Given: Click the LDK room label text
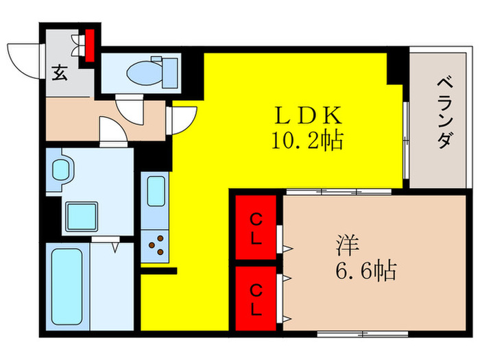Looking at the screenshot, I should tap(306, 114).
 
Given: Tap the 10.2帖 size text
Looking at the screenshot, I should tap(305, 141).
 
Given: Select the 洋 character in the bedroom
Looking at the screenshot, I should tap(345, 243).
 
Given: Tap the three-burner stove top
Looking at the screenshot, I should tap(156, 245).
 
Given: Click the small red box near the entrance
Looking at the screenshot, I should tap(88, 44).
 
